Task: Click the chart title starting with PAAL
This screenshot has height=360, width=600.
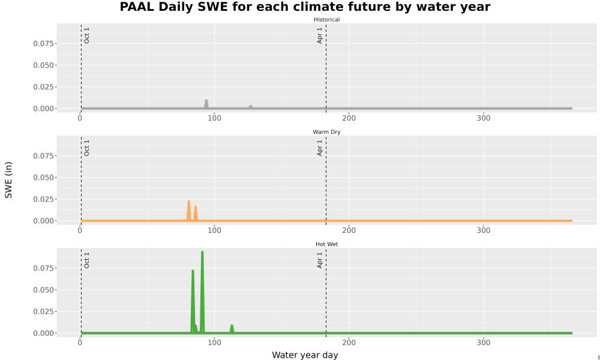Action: pos(305,7)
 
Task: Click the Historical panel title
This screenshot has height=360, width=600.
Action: pos(326,20)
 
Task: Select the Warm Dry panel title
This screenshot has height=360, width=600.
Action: pos(326,132)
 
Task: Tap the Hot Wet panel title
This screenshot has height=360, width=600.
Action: pos(326,244)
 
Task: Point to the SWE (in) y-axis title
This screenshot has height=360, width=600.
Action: pos(8,180)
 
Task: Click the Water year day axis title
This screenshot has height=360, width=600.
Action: pos(305,355)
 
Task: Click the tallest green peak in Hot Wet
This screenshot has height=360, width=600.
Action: pos(202,252)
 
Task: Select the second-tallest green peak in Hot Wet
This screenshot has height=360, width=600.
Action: pos(193,271)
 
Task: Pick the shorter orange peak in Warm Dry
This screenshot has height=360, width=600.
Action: pos(196,208)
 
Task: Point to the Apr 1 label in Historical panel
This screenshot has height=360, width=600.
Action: pos(320,35)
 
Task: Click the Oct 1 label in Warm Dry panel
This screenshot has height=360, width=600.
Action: pos(86,148)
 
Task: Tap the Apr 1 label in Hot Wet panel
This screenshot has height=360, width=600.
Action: pos(320,260)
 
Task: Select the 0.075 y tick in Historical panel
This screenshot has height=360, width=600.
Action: pos(43,44)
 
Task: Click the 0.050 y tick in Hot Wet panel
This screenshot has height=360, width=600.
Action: pos(43,290)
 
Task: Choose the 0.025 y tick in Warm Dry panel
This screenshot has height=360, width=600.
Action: pos(43,199)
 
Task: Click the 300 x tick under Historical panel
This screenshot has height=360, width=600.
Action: pos(483,118)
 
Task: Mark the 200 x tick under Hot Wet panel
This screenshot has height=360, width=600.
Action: pos(349,343)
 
